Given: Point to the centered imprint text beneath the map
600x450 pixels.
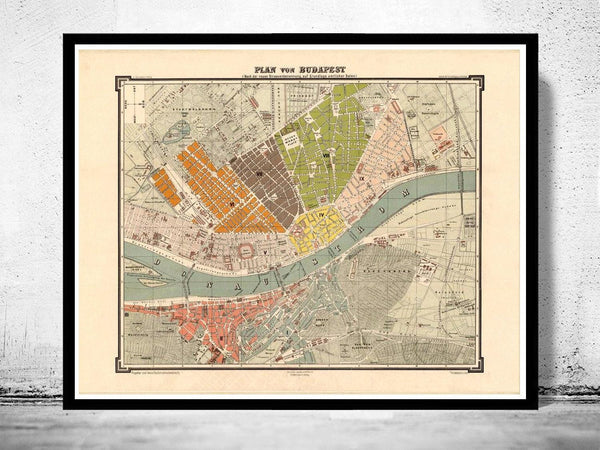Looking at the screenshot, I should (x=300, y=372).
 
